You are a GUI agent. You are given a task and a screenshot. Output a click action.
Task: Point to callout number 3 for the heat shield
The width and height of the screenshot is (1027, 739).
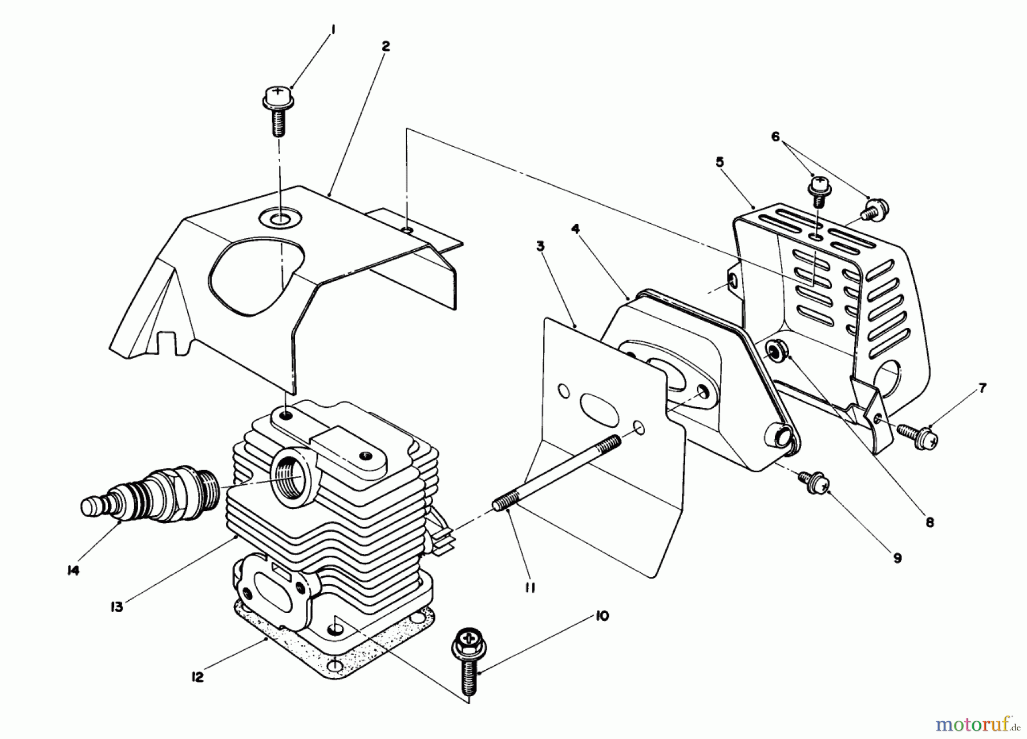pyautogui.click(x=540, y=247)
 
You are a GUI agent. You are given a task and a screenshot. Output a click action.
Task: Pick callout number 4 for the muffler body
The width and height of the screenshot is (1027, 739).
pyautogui.click(x=575, y=229)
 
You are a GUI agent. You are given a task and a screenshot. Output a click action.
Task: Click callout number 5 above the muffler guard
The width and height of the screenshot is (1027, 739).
pyautogui.click(x=719, y=162)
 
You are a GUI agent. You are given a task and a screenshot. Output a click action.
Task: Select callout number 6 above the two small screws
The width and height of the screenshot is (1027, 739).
pyautogui.click(x=775, y=136)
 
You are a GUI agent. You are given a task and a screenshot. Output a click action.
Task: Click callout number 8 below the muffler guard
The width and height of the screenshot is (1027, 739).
pyautogui.click(x=929, y=521)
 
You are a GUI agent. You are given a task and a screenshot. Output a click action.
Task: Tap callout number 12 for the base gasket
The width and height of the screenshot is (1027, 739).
pyautogui.click(x=197, y=679)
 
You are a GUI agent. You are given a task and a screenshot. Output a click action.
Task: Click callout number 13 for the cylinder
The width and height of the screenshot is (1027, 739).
pyautogui.click(x=116, y=607)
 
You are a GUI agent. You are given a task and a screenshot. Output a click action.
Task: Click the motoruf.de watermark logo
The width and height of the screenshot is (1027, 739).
pyautogui.click(x=977, y=725)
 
